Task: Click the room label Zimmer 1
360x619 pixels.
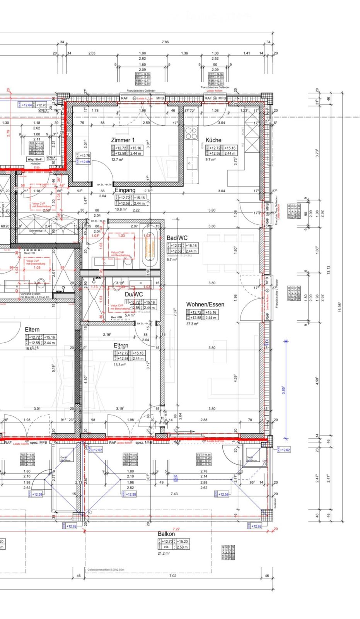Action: point(123,140)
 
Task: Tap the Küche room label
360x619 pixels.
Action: point(213,140)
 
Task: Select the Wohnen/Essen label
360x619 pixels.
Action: point(205,304)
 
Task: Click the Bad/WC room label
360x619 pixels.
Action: point(177,238)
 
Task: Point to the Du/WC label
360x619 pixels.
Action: point(134,294)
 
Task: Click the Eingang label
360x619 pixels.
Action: point(125,190)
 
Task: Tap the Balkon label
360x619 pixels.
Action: point(166,534)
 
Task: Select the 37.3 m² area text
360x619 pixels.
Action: point(192,324)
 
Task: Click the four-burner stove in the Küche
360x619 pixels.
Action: point(191,133)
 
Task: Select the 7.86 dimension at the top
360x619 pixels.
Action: point(165,42)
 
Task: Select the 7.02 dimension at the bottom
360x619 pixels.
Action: point(173,576)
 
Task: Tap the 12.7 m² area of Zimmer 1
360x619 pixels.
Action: point(117,159)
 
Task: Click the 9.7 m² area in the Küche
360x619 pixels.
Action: point(210,159)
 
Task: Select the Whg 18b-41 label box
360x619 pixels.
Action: point(35,159)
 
